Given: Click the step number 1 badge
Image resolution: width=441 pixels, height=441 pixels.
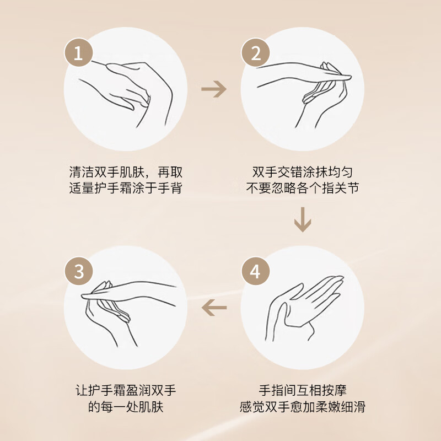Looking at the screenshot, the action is [78, 52].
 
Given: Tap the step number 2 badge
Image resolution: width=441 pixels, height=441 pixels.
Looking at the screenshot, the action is [255, 52].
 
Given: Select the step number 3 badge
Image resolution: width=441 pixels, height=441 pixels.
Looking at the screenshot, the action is [78, 271].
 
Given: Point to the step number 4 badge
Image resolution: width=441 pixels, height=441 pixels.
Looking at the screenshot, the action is [255, 271].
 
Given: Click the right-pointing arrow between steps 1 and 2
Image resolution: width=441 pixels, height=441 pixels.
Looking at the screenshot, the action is [214, 89].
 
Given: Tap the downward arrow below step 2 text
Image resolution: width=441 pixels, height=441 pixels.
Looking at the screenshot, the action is [303, 219].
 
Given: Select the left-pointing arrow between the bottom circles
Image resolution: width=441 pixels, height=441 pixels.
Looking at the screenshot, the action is [214, 308].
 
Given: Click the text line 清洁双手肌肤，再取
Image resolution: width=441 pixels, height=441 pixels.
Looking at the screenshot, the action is [126, 172].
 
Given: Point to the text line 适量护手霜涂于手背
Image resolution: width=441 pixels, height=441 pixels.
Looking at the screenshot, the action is [126, 188].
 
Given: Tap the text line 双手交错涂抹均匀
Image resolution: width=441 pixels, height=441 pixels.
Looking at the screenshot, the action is [302, 172].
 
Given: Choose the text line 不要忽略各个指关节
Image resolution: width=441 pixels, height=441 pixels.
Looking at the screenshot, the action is [302, 188].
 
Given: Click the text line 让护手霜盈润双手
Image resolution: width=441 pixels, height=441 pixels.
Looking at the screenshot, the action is [126, 391].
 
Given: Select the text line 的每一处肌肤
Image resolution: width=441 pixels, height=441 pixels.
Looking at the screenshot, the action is [126, 407].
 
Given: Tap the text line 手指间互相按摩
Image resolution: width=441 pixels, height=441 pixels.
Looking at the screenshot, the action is [302, 391].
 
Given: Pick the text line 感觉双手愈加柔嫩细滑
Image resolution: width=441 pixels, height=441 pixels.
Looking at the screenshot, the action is [302, 407].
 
